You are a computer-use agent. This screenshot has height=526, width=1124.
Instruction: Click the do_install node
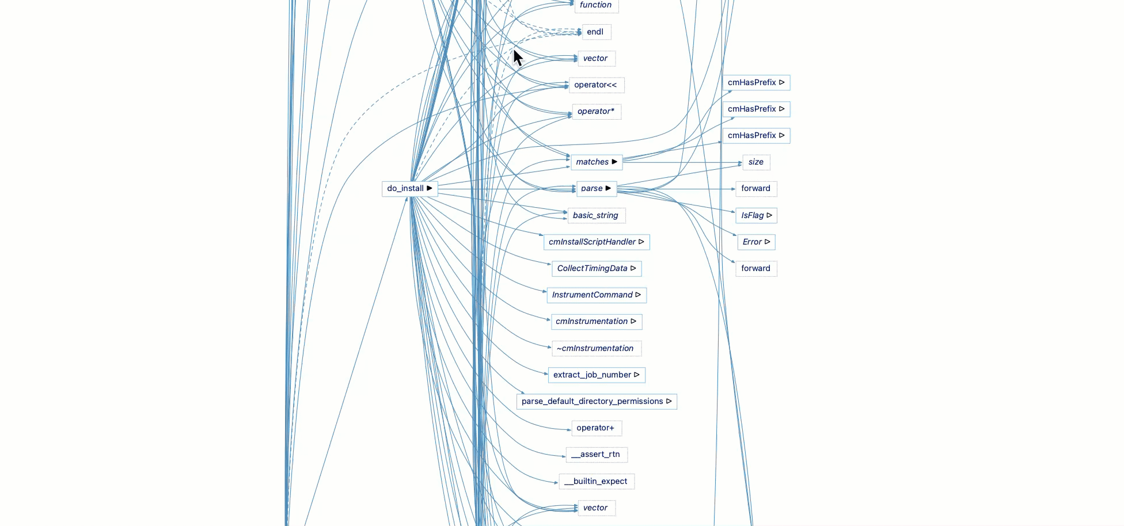(x=405, y=189)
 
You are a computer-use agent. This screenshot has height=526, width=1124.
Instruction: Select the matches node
(x=593, y=162)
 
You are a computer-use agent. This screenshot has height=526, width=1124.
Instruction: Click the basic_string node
(x=595, y=216)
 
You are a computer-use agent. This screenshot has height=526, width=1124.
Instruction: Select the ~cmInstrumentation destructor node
(x=595, y=349)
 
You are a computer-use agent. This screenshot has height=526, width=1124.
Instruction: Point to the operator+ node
(x=595, y=428)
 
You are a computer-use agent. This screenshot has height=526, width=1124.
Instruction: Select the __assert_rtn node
(x=596, y=455)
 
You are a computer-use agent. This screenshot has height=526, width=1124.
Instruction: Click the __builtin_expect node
(x=596, y=482)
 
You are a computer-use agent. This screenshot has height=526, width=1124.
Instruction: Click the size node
(x=755, y=162)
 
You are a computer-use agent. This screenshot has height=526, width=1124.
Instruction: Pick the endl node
(x=595, y=32)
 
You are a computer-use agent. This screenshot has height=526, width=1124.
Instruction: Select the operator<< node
(x=595, y=85)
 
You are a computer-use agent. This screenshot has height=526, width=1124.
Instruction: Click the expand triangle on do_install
(x=430, y=188)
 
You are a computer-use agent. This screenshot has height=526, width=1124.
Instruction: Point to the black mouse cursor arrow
(x=517, y=58)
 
